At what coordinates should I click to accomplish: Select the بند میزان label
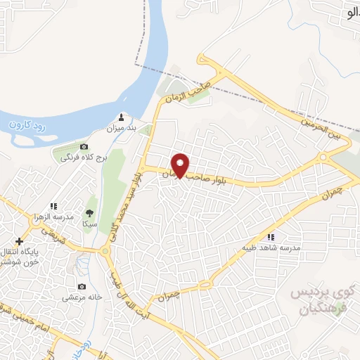click(x=120, y=129)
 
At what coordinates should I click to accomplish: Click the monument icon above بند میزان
click(x=121, y=117)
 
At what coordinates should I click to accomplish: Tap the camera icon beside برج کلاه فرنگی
click(x=84, y=147)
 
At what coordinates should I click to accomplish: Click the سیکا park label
click(x=89, y=223)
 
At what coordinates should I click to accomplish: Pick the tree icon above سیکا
click(x=89, y=211)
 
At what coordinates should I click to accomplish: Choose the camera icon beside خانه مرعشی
click(x=82, y=287)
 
